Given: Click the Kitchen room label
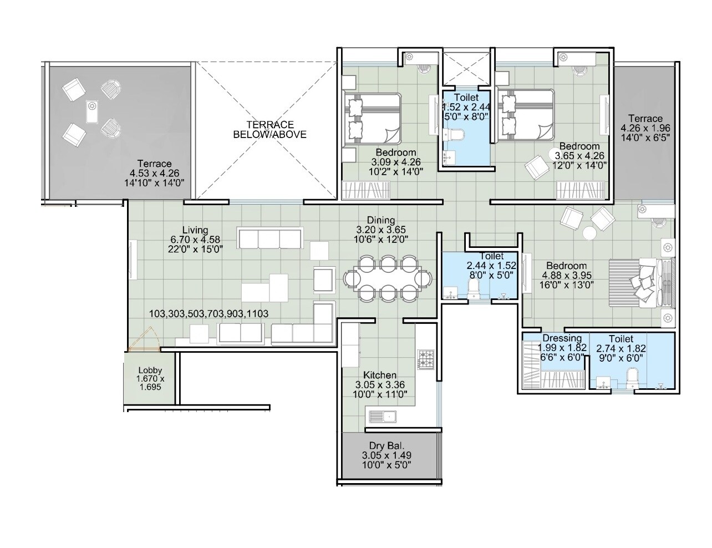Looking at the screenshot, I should click(x=380, y=376).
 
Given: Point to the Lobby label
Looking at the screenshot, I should click(x=150, y=371).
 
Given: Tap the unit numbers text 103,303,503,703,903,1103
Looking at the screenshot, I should click(x=208, y=314).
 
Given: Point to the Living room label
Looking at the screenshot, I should click(x=195, y=230).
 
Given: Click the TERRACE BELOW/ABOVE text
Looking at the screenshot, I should click(x=269, y=129).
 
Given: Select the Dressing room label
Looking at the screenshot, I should click(x=562, y=338).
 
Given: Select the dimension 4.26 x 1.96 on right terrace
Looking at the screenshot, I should click(x=645, y=128).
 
